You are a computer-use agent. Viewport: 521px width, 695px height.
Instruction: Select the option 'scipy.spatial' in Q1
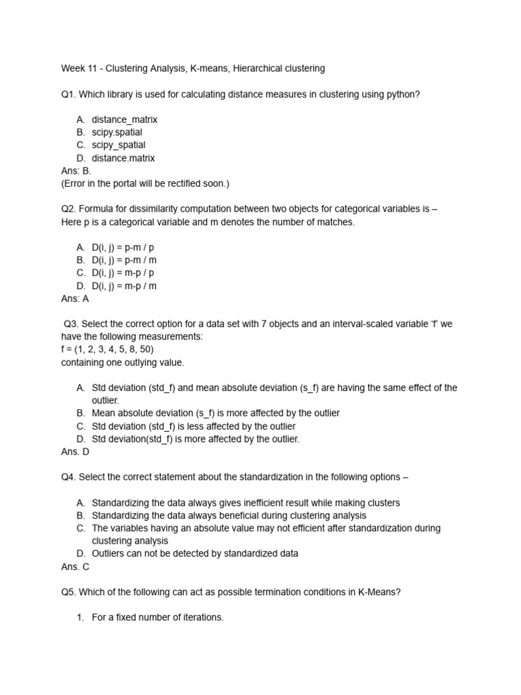point(117,132)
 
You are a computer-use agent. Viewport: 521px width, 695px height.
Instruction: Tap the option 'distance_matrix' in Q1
point(124,119)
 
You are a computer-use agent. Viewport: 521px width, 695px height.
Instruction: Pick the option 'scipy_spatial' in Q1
point(118,145)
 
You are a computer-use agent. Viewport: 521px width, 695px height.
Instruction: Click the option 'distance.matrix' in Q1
point(123,158)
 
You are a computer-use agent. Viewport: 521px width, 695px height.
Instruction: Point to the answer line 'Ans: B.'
point(76,171)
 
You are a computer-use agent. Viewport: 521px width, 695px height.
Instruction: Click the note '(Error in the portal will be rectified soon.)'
point(145,183)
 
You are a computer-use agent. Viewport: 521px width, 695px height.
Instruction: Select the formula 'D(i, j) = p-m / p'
point(128,247)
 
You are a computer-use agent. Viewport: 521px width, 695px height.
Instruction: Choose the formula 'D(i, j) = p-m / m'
point(128,260)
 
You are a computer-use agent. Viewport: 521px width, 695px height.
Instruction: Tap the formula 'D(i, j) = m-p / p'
point(128,273)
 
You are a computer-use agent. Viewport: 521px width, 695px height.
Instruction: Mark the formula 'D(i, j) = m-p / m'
point(128,286)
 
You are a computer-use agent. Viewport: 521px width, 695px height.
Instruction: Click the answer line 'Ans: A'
point(75,299)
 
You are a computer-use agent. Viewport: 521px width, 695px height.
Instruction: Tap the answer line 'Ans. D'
point(75,451)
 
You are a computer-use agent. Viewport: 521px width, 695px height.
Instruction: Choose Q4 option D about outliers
point(195,553)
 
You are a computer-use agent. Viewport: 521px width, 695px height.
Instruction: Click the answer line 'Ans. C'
point(75,566)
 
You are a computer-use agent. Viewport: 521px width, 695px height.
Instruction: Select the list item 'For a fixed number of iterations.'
point(157,618)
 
